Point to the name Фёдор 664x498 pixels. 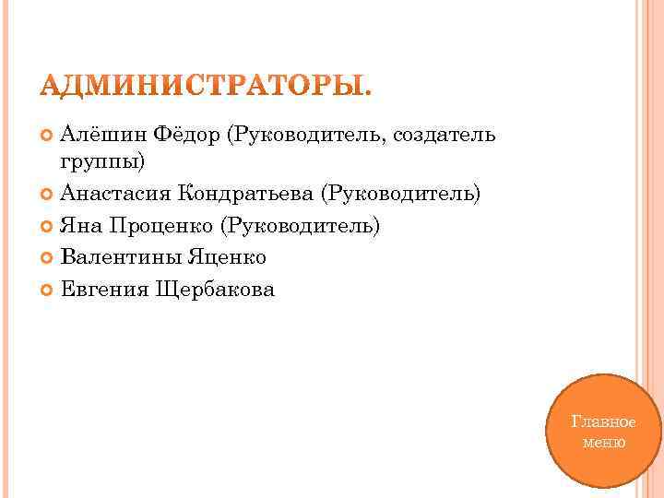point(186,136)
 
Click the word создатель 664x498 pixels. point(445,136)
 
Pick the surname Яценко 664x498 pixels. point(223,258)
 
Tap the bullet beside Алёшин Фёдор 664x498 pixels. point(48,136)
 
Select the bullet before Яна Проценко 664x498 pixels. point(48,227)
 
